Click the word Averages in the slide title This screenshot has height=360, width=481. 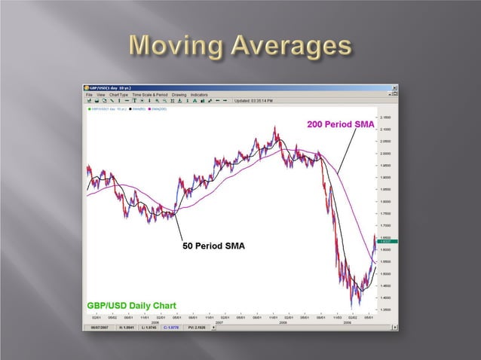pyautogui.click(x=291, y=47)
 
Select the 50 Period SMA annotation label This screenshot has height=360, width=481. pyautogui.click(x=214, y=246)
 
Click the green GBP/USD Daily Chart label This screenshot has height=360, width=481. pyautogui.click(x=131, y=305)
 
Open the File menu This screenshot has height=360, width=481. pyautogui.click(x=89, y=95)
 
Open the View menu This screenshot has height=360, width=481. pyautogui.click(x=100, y=95)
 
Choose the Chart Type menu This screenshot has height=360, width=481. pyautogui.click(x=119, y=95)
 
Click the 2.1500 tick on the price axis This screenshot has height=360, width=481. pyautogui.click(x=385, y=117)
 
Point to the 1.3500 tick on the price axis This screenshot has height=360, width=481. pyautogui.click(x=385, y=309)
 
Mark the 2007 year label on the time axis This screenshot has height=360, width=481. pyautogui.click(x=219, y=322)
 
